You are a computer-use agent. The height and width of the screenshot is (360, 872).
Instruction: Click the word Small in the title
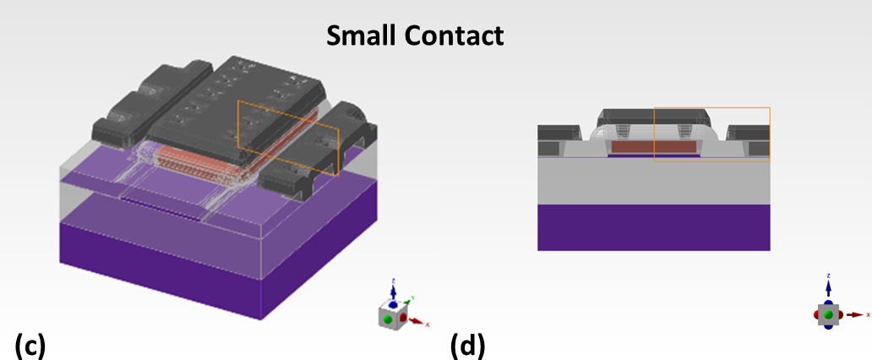(x=357, y=35)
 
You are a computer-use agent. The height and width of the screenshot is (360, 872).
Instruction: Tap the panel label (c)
(x=30, y=346)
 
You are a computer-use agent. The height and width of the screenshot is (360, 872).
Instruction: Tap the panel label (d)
(x=467, y=346)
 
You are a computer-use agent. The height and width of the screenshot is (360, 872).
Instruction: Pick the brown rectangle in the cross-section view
(x=653, y=147)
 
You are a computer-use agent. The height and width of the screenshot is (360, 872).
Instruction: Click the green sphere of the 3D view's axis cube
(x=388, y=318)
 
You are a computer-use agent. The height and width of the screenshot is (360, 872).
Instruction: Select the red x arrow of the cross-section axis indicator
(x=858, y=314)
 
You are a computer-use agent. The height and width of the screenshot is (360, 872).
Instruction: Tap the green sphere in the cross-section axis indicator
(x=828, y=314)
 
